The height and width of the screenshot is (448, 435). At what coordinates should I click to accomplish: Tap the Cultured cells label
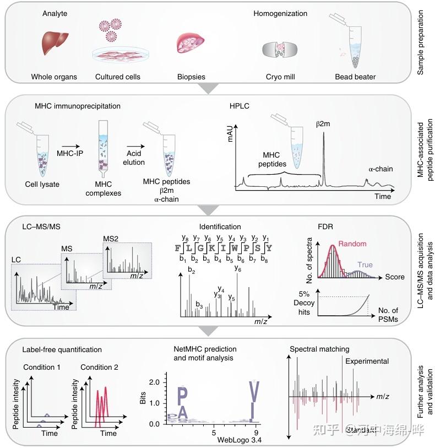[x=117, y=77]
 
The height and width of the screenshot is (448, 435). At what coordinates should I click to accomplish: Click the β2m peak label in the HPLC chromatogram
[x=324, y=126]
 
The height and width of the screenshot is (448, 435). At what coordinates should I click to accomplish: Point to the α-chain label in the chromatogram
[x=380, y=169]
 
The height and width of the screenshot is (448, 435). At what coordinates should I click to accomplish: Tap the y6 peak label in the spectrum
[x=238, y=269]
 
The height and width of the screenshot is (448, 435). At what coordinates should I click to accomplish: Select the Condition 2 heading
[x=98, y=368]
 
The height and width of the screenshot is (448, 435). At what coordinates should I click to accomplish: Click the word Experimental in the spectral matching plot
[x=367, y=361]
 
